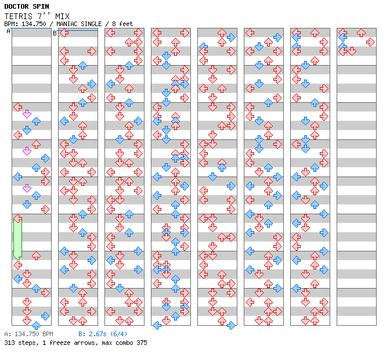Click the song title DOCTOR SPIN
27,6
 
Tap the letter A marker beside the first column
9,32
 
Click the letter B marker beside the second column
55,33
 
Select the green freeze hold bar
17,237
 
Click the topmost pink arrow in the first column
27,114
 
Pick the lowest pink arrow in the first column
27,188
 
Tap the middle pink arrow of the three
27,151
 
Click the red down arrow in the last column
352,51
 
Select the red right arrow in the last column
370,42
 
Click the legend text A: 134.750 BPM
28,334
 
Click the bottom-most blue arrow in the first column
36,325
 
